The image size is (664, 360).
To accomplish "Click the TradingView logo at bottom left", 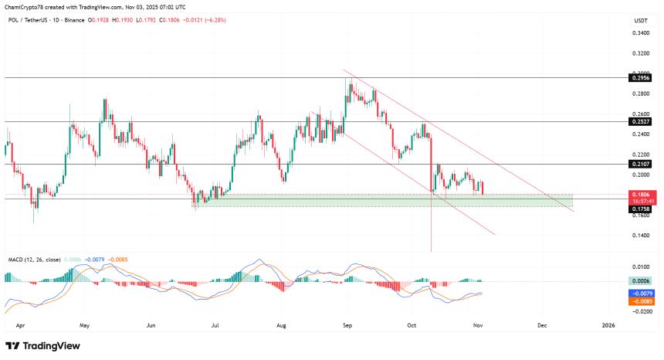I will point(37,346).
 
